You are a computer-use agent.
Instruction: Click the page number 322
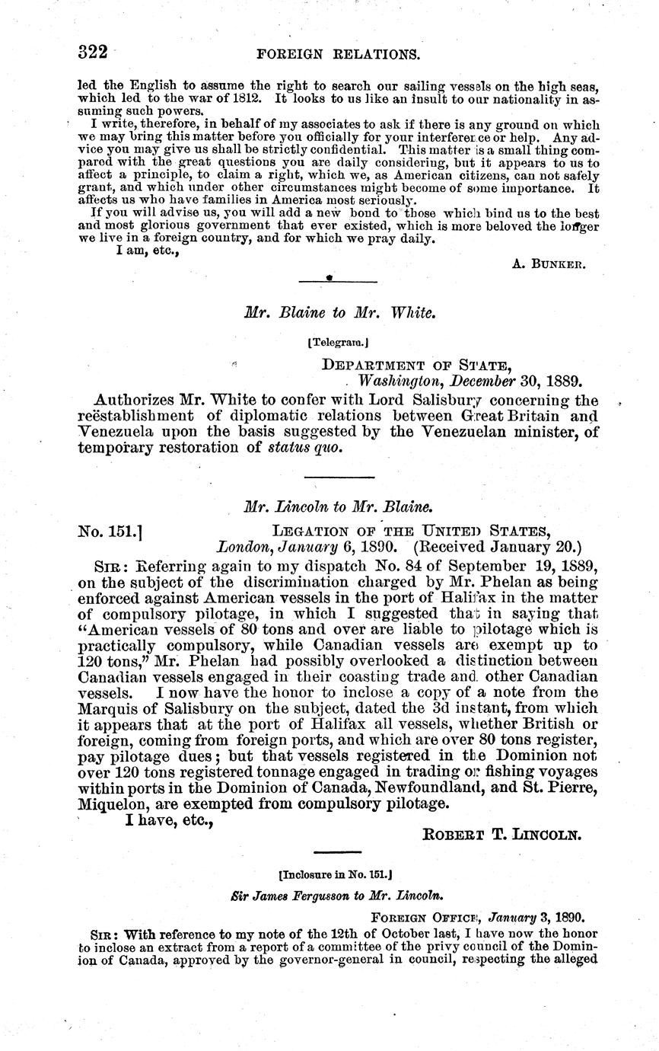tap(94, 53)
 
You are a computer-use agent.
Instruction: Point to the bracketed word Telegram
tap(338, 343)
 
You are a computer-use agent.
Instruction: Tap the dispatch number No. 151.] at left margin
tap(111, 530)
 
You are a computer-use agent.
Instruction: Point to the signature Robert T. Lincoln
tap(501, 834)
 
